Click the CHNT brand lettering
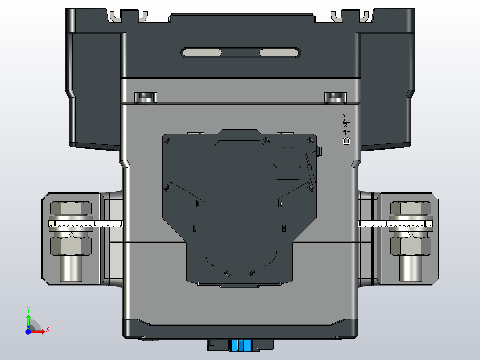point(346,130)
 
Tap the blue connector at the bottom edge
point(241,345)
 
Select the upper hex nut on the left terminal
point(71,209)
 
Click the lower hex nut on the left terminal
point(71,245)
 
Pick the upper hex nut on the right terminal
point(411,209)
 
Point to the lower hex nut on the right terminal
point(411,245)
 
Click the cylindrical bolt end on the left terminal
point(71,268)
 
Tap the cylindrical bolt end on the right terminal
point(411,268)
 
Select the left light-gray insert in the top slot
point(203,53)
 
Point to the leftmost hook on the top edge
point(115,16)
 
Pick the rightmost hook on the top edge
point(364,16)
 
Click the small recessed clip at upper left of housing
point(146,97)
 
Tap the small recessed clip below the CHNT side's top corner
point(335,97)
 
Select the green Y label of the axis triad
point(28,309)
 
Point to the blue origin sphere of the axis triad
point(28,331)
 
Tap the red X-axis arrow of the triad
point(39,331)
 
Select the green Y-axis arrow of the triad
point(28,320)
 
